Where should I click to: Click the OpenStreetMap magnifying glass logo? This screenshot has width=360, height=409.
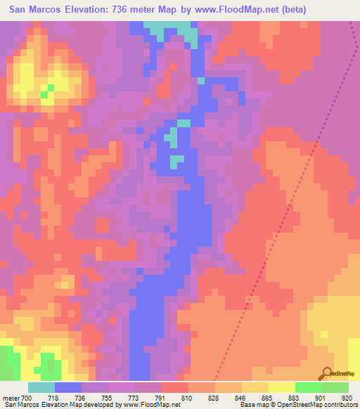326,374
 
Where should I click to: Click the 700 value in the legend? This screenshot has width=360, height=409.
25,398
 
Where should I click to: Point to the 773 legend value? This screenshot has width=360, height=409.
134,398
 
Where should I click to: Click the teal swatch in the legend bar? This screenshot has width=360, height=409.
41,387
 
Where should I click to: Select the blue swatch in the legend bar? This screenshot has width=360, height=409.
68,387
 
